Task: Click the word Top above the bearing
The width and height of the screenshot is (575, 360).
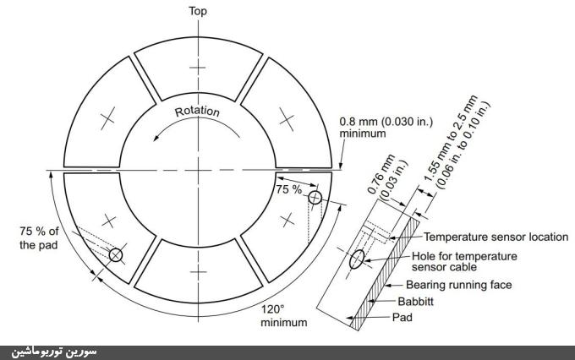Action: (198, 11)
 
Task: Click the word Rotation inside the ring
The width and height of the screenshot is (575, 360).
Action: (197, 112)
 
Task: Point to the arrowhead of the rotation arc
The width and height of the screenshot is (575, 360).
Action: (156, 138)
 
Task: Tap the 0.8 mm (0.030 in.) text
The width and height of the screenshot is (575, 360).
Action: (386, 122)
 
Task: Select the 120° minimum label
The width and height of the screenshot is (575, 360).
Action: (284, 316)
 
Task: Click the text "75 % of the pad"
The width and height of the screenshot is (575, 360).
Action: (39, 238)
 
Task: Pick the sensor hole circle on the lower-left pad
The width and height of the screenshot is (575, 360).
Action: (116, 254)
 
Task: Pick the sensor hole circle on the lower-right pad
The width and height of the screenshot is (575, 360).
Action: (315, 198)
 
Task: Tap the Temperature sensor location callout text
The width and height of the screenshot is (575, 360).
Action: (496, 237)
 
